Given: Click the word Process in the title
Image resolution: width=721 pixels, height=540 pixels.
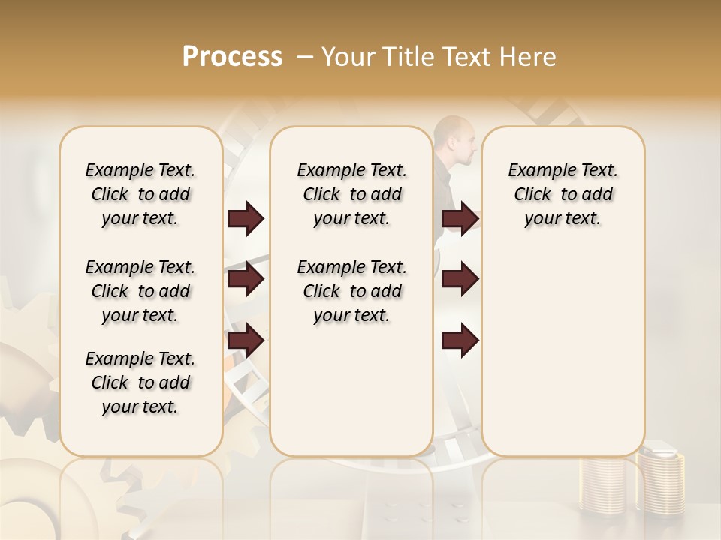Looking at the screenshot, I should (232, 57).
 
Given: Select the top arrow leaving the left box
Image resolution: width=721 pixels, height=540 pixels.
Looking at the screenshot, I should (246, 219).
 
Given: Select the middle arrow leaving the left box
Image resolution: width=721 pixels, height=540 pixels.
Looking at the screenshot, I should (246, 280).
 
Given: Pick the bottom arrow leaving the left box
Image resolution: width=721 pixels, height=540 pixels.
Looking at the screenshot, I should (246, 340).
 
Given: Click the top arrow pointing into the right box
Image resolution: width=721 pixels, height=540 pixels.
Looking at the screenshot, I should (460, 219).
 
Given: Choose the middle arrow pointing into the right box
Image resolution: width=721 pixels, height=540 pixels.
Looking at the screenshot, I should (460, 280).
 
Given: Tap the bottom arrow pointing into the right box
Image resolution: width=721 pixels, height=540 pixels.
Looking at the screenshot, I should (460, 340).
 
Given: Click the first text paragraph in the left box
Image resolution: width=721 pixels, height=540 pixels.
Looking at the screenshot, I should (140, 194).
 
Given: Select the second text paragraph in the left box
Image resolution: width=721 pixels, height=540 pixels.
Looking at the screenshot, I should (140, 291).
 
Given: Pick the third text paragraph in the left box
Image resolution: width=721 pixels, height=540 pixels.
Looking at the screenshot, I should (140, 382).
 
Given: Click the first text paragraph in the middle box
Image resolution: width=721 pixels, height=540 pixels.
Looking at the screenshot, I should (351, 194).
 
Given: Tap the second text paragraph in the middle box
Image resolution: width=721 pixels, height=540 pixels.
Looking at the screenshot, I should (351, 291).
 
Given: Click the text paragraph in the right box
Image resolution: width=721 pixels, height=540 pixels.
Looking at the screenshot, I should (563, 194).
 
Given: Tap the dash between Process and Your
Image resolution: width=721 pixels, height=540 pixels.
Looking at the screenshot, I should (305, 57).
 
